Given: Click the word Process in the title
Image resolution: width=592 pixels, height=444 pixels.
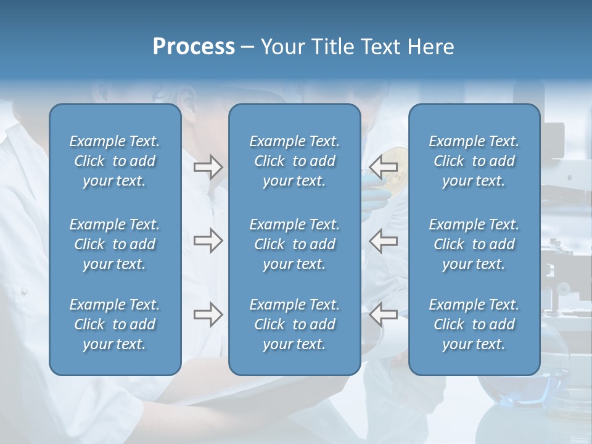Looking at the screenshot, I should [194, 47].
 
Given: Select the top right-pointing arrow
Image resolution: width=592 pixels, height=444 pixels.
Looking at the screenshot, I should [208, 166].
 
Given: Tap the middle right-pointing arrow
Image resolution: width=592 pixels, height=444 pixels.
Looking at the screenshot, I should [208, 240].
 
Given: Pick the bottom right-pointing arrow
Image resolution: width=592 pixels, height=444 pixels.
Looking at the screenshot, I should [208, 314].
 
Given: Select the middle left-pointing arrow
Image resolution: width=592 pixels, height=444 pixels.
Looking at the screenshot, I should [384, 240].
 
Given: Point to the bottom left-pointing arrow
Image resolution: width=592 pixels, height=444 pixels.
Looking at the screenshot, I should [384, 314].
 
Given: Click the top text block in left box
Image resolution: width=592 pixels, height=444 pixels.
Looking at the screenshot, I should [115, 161].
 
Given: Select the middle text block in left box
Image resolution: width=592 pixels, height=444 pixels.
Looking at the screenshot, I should [115, 244].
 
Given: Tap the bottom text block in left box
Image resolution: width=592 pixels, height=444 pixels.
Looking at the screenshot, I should [115, 324].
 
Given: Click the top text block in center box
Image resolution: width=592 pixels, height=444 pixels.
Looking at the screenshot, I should [294, 161].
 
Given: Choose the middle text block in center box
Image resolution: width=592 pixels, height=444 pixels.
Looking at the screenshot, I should [294, 244].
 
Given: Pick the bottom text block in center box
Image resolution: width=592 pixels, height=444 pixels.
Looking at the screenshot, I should [294, 324].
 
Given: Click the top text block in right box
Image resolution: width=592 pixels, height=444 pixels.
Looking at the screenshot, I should [474, 161].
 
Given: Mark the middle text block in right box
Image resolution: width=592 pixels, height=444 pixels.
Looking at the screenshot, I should [474, 244].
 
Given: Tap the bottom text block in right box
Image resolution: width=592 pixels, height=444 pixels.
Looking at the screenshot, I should [474, 324].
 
